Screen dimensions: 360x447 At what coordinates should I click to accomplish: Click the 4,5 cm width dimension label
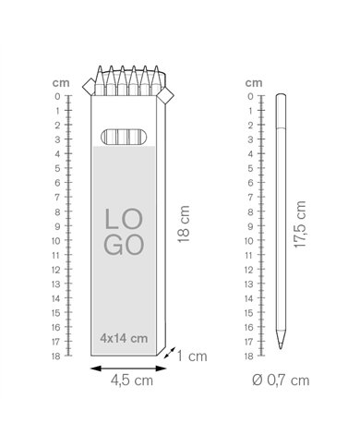click(x=132, y=381)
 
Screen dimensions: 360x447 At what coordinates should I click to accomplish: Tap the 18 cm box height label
click(x=184, y=224)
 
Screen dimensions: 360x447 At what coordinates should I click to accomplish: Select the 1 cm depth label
click(x=192, y=356)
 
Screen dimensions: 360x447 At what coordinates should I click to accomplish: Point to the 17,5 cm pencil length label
click(x=300, y=224)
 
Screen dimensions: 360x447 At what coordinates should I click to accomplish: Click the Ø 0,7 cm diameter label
click(x=281, y=381)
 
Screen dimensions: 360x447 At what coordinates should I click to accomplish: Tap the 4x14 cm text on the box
click(x=124, y=338)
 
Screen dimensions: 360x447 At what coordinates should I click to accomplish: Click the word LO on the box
click(x=124, y=219)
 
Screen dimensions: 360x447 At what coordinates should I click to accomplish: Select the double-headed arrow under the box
click(x=128, y=368)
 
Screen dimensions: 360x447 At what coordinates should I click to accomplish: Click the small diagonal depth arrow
click(x=170, y=353)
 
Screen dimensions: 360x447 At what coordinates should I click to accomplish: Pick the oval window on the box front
click(x=124, y=137)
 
